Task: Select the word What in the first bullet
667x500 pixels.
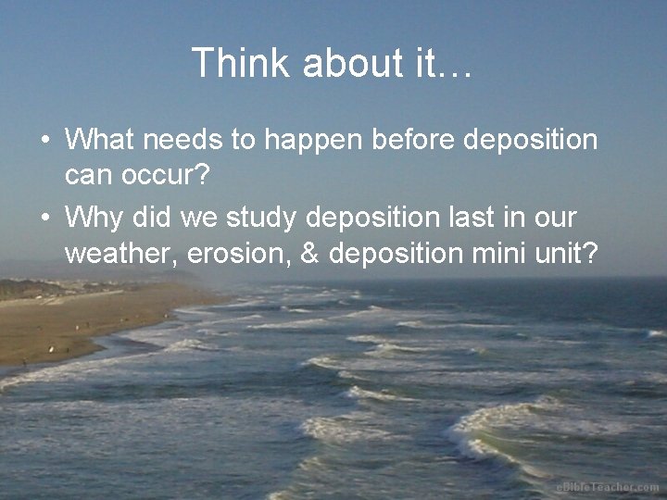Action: [x=98, y=141]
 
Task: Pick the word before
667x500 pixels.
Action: [x=412, y=141]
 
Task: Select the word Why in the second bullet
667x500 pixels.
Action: [x=94, y=219]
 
